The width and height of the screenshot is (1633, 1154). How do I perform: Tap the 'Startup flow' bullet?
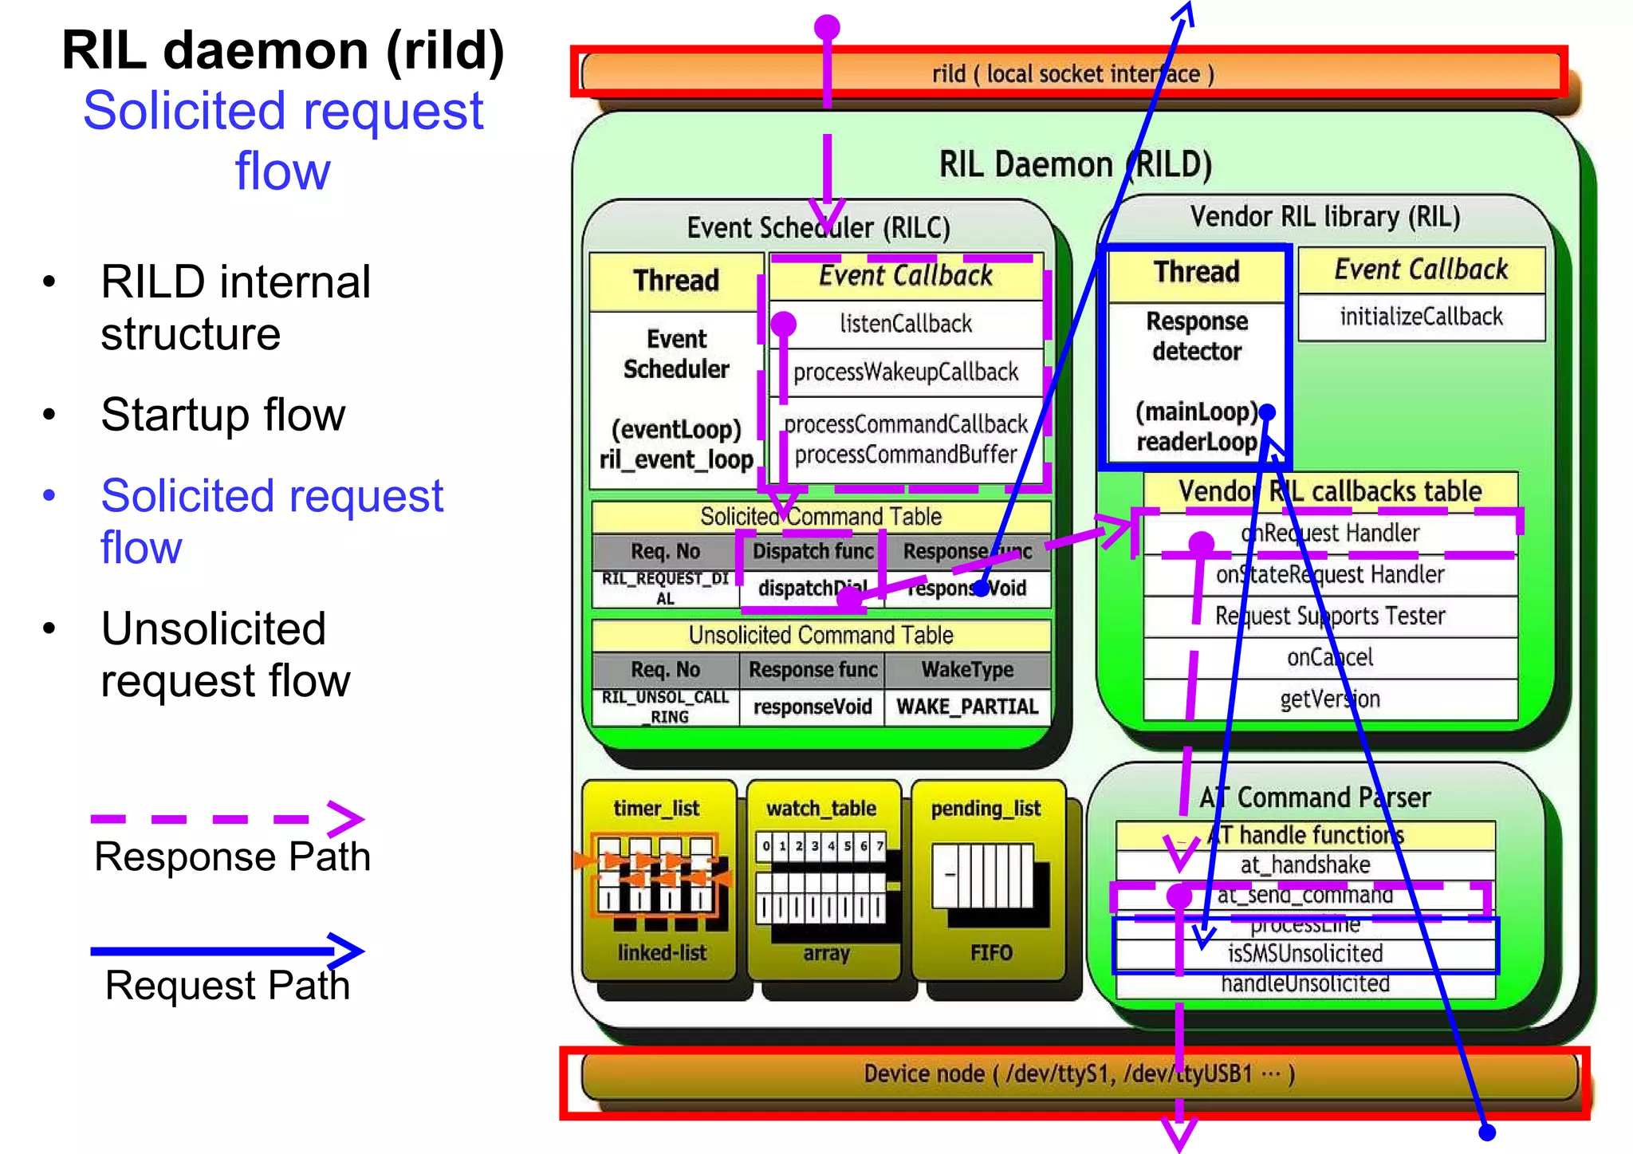coord(222,415)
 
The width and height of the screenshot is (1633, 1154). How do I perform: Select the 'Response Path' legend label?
coord(232,857)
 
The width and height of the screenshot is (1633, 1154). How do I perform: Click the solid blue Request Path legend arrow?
coord(227,950)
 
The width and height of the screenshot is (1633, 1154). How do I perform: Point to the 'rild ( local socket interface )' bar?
coord(1072,74)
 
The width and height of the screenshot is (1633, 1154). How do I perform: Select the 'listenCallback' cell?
coord(906,324)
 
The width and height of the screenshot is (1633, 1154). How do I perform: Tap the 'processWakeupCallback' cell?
coord(906,372)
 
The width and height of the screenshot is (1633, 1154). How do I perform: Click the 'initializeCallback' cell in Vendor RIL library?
coord(1421,317)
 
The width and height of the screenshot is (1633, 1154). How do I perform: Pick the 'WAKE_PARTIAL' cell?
coord(967,707)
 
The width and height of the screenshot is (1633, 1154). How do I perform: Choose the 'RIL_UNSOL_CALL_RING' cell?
coord(665,707)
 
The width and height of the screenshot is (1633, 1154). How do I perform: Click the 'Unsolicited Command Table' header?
coord(820,636)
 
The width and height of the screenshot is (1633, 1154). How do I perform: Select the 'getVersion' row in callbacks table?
coord(1329,699)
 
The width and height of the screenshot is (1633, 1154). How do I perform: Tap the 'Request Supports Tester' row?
coord(1329,616)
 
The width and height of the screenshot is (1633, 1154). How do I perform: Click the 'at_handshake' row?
coord(1304,865)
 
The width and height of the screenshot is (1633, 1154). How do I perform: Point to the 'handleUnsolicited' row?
coord(1304,984)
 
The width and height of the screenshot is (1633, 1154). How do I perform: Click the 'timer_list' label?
coord(656,809)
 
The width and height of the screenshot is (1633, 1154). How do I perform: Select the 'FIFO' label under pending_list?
coord(991,953)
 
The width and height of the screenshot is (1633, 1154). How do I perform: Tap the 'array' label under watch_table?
coord(826,954)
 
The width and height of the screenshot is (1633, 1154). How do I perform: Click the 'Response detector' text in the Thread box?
coord(1197,337)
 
